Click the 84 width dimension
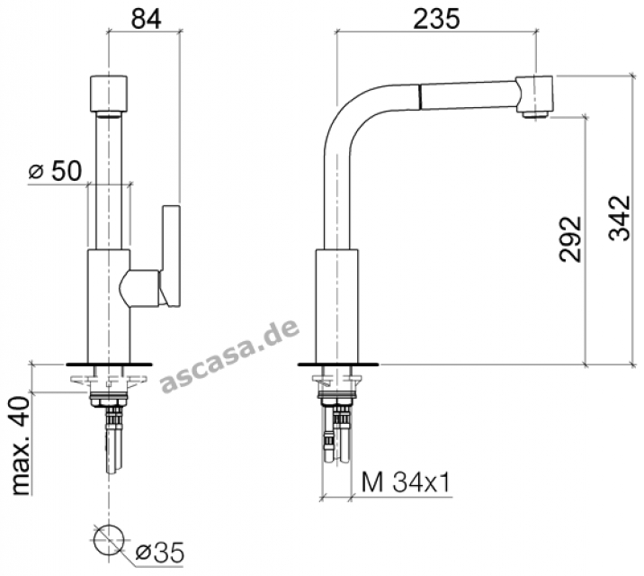pyautogui.click(x=147, y=19)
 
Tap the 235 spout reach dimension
pyautogui.click(x=436, y=19)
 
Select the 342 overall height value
pyautogui.click(x=619, y=218)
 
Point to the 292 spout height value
pyautogui.click(x=570, y=238)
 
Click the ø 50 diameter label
pyautogui.click(x=55, y=171)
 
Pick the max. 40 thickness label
pyautogui.click(x=21, y=445)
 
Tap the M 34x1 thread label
pyautogui.click(x=406, y=482)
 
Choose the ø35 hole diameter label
pyautogui.click(x=160, y=553)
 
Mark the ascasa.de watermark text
pyautogui.click(x=230, y=357)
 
